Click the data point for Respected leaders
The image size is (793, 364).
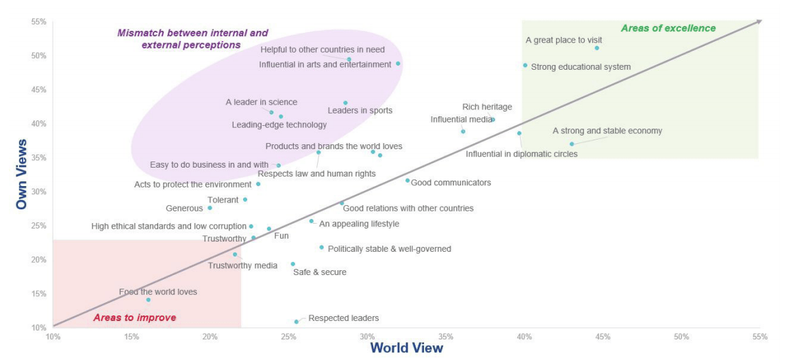297,322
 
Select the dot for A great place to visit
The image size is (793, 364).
596,48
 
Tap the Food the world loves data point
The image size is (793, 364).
148,300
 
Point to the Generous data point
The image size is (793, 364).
210,208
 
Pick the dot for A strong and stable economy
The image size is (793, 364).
572,144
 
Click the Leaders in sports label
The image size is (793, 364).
360,110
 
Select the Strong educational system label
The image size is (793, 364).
581,67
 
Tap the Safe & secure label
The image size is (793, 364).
319,272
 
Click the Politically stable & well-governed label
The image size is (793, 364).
389,249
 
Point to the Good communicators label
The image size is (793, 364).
451,183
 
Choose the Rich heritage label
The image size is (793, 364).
487,107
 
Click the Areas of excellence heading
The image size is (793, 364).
668,28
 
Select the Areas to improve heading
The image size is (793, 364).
134,317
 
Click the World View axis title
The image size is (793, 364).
406,348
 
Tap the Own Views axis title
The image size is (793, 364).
21,174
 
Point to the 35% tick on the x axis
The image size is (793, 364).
446,337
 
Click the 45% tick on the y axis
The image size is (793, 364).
38,90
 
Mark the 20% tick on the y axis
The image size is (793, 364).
38,260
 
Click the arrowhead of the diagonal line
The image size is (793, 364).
758,22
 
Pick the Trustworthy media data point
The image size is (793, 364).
235,255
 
